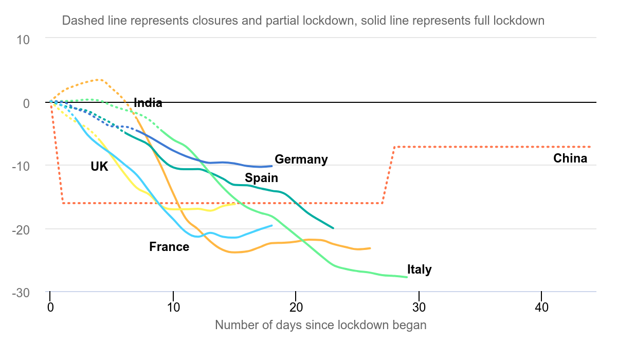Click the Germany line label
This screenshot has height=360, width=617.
point(301,159)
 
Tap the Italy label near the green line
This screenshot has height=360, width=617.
point(419,269)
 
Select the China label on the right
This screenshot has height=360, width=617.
point(570,158)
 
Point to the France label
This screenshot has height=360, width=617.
point(169,247)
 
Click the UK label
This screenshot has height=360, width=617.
point(99,167)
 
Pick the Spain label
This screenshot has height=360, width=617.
point(261,178)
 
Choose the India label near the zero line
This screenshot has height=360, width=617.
point(148,103)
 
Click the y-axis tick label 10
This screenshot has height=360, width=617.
point(23,40)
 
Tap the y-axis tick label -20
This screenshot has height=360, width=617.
point(21,230)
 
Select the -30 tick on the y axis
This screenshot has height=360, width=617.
point(21,293)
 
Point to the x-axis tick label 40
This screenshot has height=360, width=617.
point(541,308)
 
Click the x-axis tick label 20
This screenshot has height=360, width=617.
point(296,308)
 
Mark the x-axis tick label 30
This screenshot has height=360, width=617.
point(419,308)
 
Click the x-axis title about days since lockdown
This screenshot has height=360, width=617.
point(321,326)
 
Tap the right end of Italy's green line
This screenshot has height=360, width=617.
point(407,277)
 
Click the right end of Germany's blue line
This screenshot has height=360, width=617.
point(272,166)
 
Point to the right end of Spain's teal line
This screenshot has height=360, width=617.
point(333,228)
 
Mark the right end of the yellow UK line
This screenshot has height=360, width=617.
point(235,204)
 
